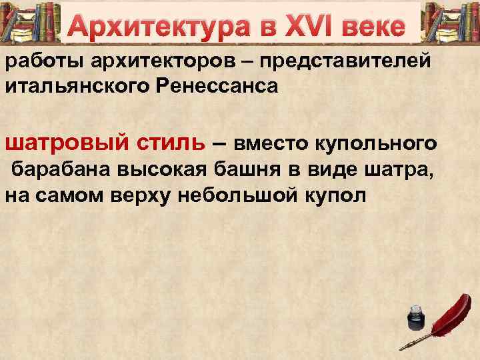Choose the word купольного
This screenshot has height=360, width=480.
coord(389,143)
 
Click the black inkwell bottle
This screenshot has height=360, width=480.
coord(415,318)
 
